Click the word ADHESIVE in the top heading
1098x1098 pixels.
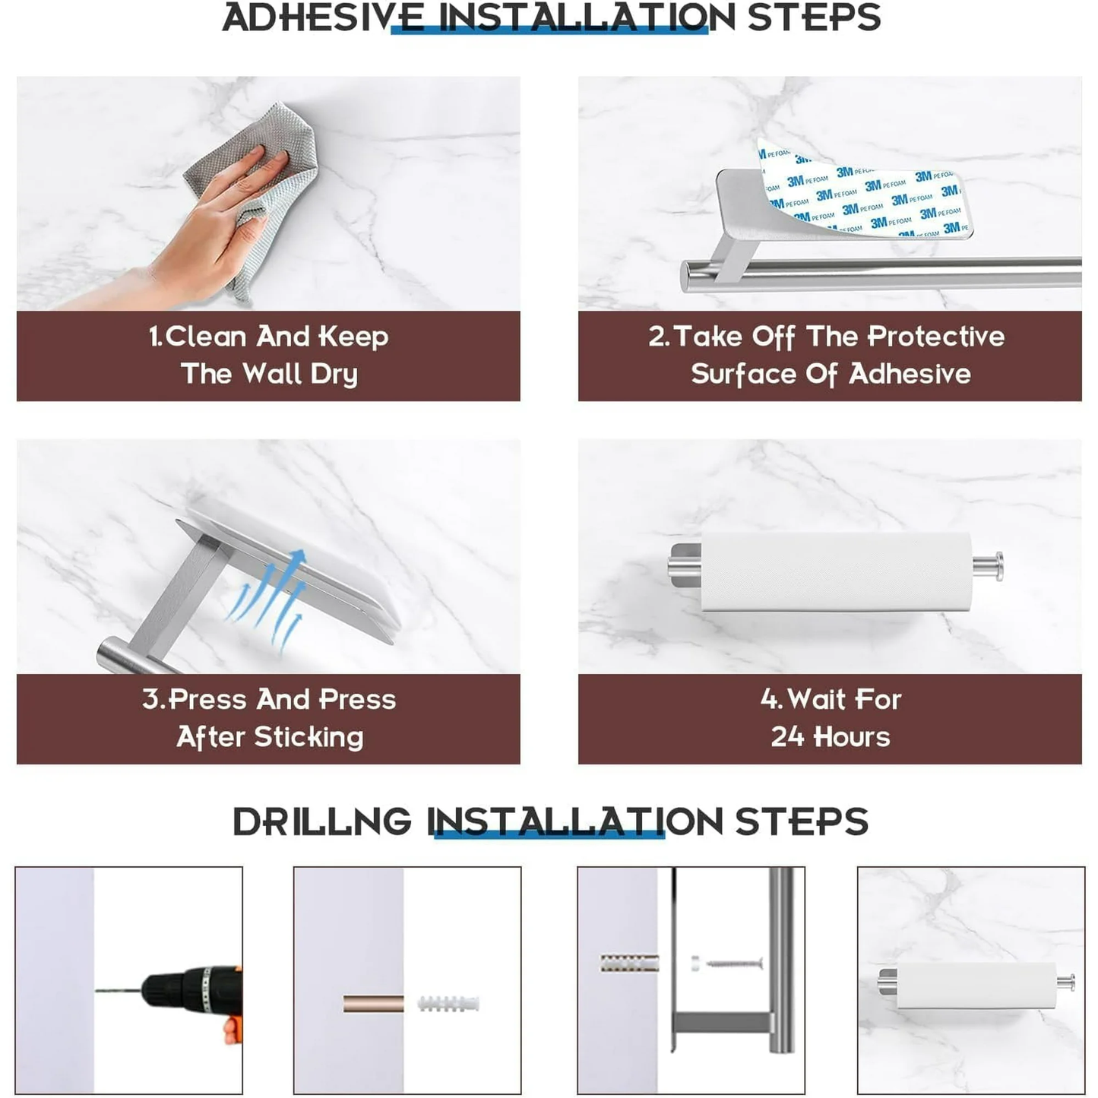[323, 17]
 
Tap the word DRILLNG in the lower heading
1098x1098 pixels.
[322, 821]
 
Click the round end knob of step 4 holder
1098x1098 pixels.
[997, 567]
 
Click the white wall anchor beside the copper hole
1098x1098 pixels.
[448, 1004]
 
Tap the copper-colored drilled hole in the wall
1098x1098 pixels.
[373, 1004]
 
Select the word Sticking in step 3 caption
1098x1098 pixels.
[309, 737]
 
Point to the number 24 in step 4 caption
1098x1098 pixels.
[789, 737]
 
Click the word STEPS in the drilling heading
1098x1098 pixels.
[802, 821]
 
